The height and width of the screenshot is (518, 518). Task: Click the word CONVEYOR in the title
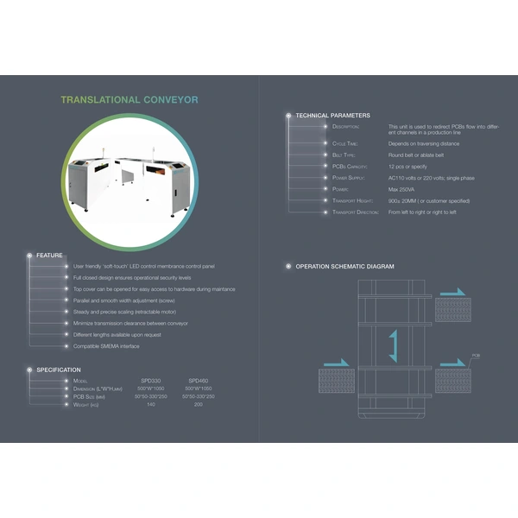[170, 99]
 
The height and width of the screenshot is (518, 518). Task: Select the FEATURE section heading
[49, 256]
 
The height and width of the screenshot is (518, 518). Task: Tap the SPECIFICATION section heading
[59, 370]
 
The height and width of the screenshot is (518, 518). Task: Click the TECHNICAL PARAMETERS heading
[332, 115]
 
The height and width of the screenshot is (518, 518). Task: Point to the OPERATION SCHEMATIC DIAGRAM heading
[344, 267]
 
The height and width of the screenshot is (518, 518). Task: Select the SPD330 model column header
[151, 381]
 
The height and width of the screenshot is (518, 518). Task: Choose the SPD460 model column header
[199, 381]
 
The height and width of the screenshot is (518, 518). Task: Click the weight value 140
[151, 404]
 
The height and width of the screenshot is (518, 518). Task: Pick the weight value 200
[199, 404]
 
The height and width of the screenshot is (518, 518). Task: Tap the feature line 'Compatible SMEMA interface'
[106, 346]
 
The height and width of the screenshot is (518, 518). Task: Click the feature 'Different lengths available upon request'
[117, 334]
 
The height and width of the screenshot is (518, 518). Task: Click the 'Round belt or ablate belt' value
[416, 155]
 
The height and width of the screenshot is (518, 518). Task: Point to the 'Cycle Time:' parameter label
[345, 143]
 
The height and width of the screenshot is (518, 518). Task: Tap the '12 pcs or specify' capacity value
[408, 166]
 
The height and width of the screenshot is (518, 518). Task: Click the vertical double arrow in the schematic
[392, 345]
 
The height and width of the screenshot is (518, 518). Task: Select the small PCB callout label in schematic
[476, 355]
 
